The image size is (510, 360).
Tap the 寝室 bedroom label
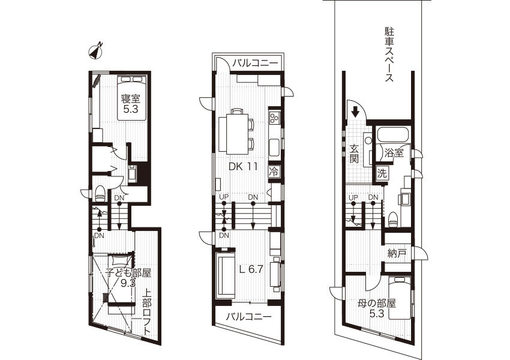(131, 98)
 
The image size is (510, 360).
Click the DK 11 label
(243, 167)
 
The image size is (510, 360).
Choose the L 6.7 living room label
(251, 269)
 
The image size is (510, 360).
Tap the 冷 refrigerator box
(274, 172)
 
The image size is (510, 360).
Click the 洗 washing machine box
(382, 173)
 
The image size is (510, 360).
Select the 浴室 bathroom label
(394, 153)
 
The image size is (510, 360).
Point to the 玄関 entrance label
(355, 154)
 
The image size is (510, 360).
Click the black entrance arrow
(355, 112)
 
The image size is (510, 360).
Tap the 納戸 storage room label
(397, 253)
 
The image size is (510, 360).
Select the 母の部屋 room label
(376, 304)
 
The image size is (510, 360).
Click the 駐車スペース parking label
(389, 55)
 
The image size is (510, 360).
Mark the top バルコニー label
(256, 63)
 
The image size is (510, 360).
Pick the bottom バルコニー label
(249, 316)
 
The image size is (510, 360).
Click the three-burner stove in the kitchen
(274, 118)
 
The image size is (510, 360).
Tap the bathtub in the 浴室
(394, 135)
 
